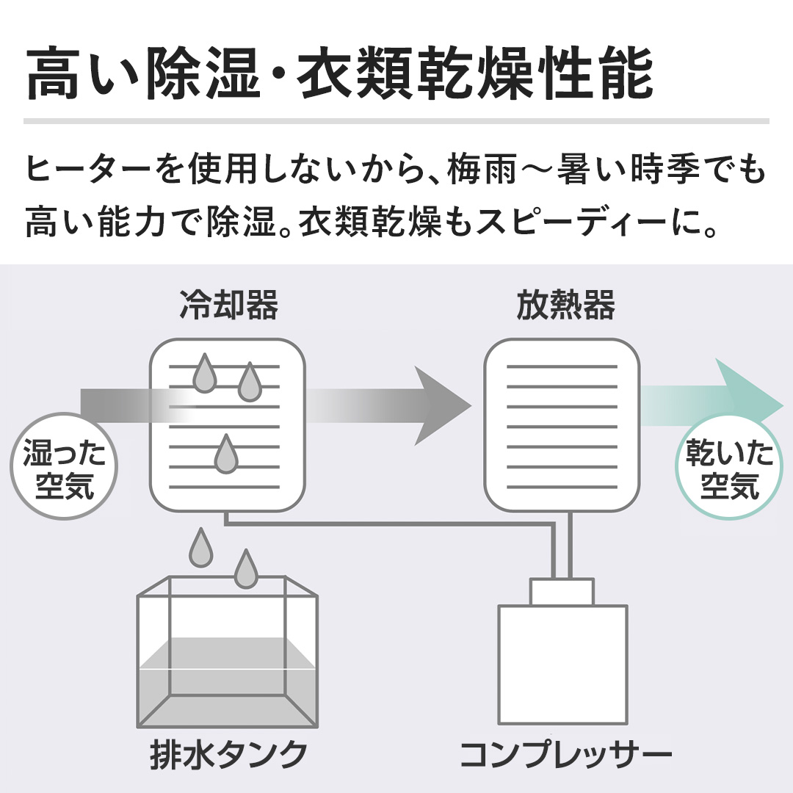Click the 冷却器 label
tap(228, 305)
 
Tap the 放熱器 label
tap(565, 305)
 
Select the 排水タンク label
tap(229, 755)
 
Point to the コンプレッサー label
tap(565, 755)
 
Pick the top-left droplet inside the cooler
tap(205, 373)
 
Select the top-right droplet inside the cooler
tap(250, 382)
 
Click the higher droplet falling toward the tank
tap(200, 548)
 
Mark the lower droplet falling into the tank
tap(246, 569)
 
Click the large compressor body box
tap(563, 664)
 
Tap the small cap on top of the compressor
tap(562, 593)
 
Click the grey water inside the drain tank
tap(228, 683)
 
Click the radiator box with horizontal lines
tap(562, 425)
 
